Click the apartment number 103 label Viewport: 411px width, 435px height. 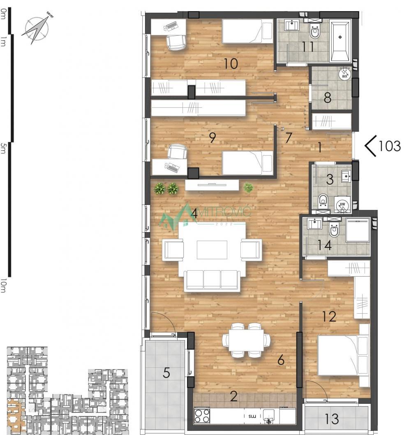click(x=389, y=146)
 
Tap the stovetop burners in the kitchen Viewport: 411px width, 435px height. click(x=202, y=416)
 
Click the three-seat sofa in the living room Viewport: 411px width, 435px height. click(x=212, y=281)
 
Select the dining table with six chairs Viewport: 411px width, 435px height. click(x=247, y=340)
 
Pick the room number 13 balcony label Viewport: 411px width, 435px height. click(x=332, y=419)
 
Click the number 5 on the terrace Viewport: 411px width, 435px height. click(x=166, y=373)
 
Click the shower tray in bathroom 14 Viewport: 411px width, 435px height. click(x=358, y=230)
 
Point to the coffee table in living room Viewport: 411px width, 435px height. click(x=212, y=250)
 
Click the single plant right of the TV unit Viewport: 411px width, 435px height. click(x=248, y=188)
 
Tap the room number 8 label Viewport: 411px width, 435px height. click(x=327, y=98)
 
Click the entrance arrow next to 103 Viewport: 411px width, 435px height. click(x=371, y=147)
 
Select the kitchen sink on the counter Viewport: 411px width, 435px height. click(x=270, y=416)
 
